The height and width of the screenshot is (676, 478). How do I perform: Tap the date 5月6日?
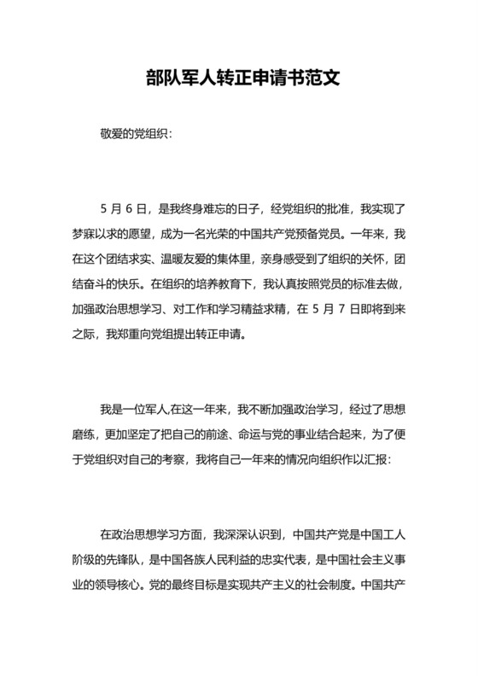tap(125, 207)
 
